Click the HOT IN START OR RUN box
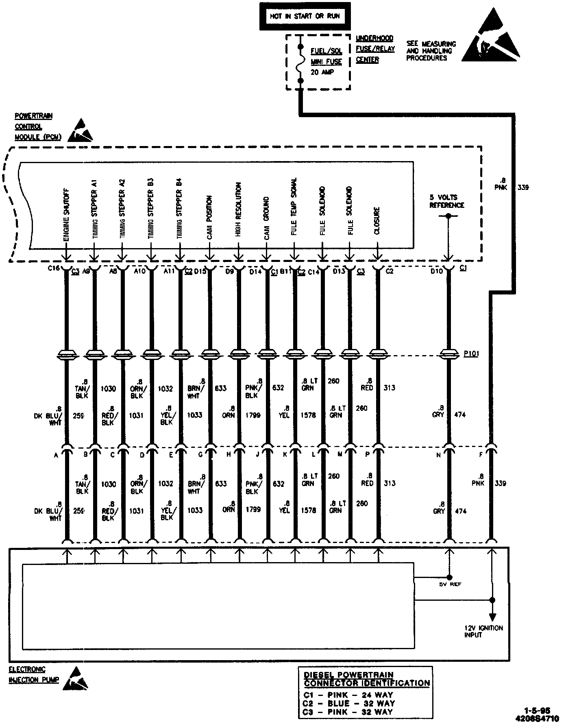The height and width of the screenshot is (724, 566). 304,17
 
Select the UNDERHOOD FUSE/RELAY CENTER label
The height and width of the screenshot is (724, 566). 375,49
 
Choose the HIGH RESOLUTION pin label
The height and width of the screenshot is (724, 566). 238,209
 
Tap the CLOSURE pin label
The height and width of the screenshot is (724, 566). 377,221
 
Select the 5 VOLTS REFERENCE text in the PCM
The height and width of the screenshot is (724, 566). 447,201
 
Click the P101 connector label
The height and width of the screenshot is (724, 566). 471,354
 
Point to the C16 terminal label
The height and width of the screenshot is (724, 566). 54,268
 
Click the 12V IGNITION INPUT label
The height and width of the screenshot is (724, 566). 483,631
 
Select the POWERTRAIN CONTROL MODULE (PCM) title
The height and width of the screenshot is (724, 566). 38,126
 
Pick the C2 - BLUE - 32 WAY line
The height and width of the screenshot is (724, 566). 349,703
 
